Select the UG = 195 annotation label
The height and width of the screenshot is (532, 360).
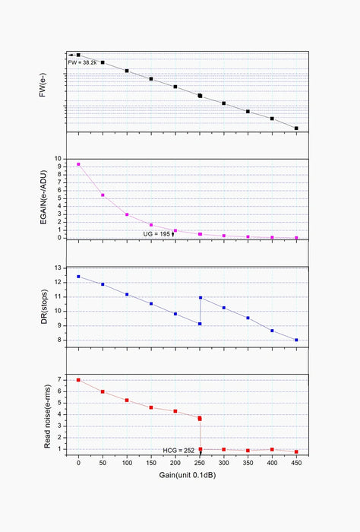point(157,233)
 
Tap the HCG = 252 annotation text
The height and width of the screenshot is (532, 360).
point(179,451)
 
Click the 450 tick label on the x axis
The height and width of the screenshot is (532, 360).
point(296,462)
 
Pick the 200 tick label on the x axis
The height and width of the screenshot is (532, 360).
point(175,462)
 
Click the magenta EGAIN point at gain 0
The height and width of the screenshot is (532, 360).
point(78,164)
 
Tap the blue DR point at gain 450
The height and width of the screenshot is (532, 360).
point(296,340)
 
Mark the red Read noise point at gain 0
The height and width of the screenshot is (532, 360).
point(78,380)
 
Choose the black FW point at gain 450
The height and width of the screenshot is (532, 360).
point(296,128)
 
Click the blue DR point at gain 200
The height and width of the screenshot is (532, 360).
point(175,314)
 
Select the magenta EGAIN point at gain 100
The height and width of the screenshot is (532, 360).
point(127,214)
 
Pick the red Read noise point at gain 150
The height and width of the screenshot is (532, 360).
point(151,407)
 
